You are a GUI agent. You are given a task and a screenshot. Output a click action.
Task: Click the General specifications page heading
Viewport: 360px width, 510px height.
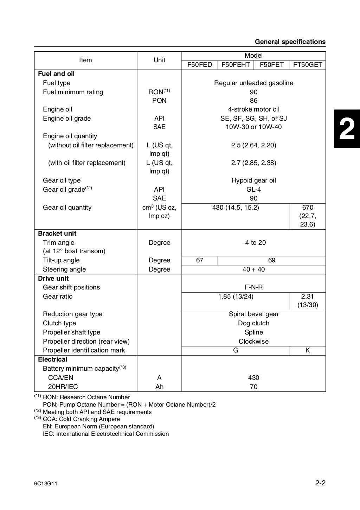(290, 42)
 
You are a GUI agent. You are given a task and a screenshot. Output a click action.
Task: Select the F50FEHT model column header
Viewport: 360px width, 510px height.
(236, 65)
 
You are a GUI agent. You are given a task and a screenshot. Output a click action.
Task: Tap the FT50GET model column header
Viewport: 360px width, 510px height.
(308, 65)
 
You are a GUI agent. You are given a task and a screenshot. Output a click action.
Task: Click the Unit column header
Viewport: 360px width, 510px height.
(159, 60)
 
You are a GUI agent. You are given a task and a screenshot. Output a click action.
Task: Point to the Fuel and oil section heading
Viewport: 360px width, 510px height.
(56, 74)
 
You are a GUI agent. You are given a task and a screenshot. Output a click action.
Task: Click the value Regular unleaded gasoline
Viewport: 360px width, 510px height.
(253, 83)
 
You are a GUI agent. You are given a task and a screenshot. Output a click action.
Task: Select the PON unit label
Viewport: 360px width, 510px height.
(159, 101)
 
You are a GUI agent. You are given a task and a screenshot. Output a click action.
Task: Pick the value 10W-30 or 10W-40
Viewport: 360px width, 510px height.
(253, 127)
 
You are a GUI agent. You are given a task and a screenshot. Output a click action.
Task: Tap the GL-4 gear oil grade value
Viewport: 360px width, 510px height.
(253, 190)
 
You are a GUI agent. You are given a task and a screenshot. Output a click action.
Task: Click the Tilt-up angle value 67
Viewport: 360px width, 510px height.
(200, 260)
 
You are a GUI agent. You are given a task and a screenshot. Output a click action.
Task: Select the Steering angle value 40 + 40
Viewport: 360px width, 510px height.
(253, 269)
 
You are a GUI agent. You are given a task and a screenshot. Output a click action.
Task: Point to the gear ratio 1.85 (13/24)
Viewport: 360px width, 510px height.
(236, 297)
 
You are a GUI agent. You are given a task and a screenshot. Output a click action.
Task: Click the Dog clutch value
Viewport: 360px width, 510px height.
(253, 323)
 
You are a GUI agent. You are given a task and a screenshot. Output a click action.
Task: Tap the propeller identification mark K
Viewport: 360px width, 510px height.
(308, 350)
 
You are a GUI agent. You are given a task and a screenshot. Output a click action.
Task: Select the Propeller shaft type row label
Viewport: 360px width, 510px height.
(71, 332)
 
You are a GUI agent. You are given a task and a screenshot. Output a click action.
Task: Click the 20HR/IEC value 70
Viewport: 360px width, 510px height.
(253, 387)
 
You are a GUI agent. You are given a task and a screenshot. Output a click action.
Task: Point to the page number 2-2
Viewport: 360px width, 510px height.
(320, 483)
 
